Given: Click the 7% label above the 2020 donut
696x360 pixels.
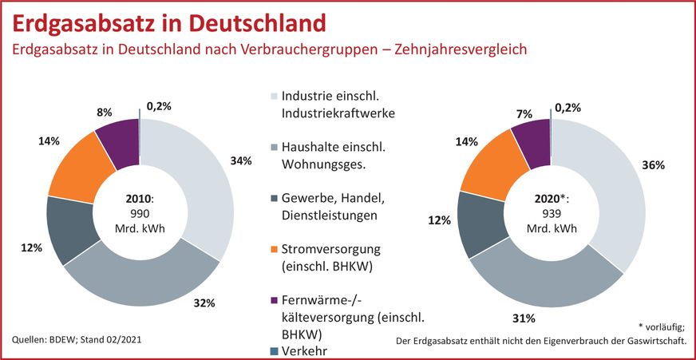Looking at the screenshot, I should (x=524, y=113).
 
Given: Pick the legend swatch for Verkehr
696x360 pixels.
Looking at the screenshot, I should (x=274, y=350).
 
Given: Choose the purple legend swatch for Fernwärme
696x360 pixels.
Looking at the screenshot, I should (x=274, y=301).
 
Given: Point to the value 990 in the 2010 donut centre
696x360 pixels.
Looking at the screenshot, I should (x=140, y=213).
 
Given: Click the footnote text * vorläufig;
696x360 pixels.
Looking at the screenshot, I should (x=662, y=327).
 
